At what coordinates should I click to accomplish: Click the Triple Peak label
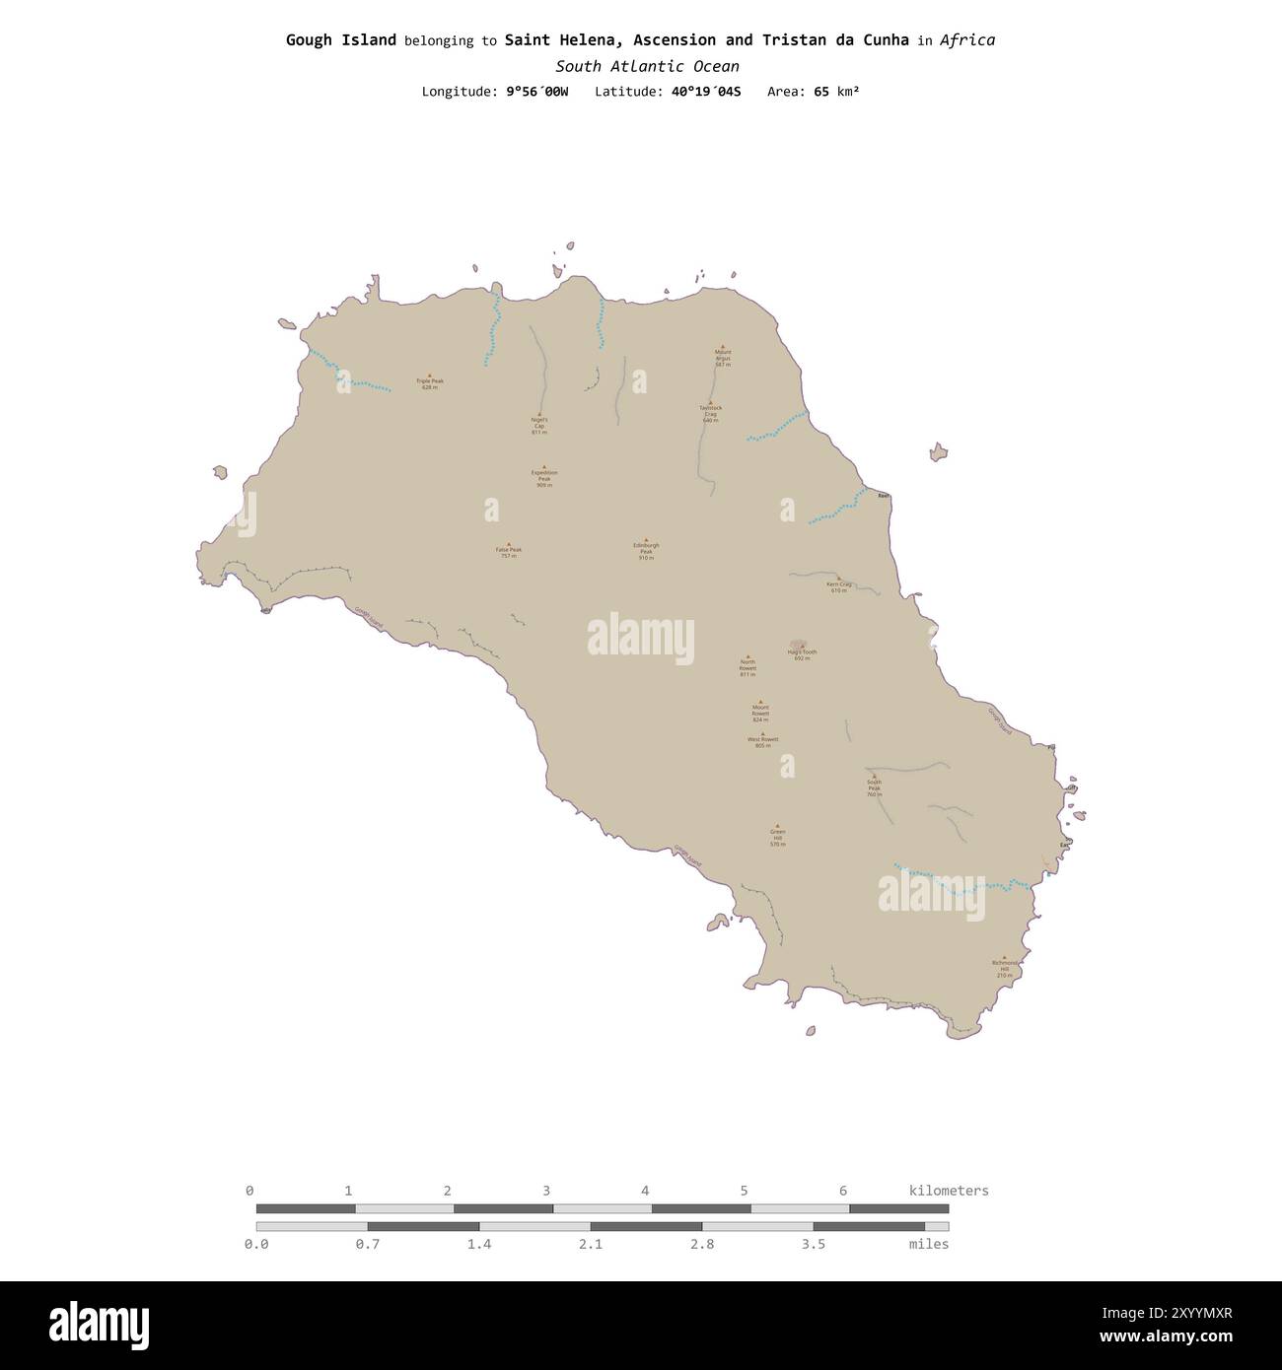pos(429,382)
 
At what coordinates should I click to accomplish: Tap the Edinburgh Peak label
pos(646,551)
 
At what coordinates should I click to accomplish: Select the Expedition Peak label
pos(543,478)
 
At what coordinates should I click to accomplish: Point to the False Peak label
pos(509,552)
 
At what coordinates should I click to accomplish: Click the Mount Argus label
pos(723,357)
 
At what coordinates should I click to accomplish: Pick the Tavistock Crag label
pos(710,413)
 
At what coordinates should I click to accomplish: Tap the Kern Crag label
pos(838,586)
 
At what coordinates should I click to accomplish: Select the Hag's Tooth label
pos(802,654)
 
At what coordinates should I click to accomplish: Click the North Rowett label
pos(748,667)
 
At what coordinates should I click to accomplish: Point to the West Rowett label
pos(762,741)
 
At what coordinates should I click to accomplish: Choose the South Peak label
pos(874,788)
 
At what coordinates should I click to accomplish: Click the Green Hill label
pos(777,837)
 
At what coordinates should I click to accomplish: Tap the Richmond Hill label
pos(1004,968)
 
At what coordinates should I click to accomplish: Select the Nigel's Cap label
pos(538,426)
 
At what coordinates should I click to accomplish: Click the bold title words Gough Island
pos(341,40)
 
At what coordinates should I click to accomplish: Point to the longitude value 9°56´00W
pos(536,92)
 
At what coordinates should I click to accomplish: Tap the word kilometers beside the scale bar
pos(948,1191)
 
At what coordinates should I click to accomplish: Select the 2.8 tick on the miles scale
pos(702,1244)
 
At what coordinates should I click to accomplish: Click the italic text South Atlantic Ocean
pos(647,66)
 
